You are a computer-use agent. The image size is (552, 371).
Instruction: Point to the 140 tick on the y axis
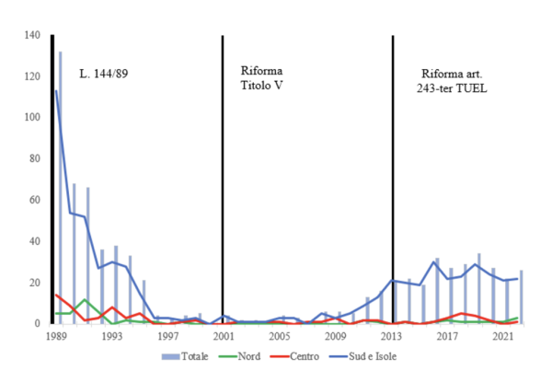(33, 35)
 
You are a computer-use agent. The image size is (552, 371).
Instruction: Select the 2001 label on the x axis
(224, 337)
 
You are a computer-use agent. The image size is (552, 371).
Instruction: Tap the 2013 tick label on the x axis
(393, 337)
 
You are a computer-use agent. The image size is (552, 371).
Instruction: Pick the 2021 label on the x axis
(503, 337)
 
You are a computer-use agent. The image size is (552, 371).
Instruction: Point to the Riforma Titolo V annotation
(261, 79)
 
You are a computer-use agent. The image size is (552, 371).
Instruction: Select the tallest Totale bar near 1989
(61, 184)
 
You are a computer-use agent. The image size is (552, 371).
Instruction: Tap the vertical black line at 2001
(223, 184)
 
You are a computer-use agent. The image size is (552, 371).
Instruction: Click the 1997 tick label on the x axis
(168, 337)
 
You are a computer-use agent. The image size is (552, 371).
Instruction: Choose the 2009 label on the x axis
(337, 337)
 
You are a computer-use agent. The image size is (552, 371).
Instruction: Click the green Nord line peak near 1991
(85, 299)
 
